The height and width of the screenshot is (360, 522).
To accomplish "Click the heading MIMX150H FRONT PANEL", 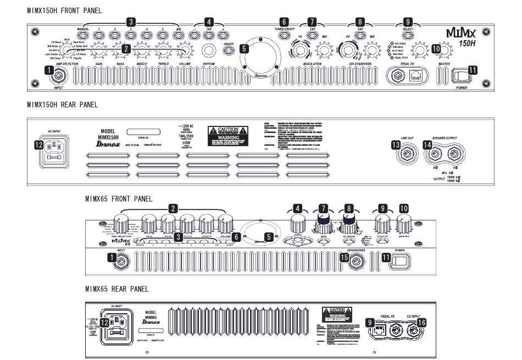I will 64,10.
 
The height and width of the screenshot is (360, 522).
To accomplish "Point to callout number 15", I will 345,257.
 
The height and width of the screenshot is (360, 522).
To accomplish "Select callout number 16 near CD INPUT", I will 421,324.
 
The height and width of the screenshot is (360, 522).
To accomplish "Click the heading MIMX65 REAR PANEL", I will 116,288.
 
